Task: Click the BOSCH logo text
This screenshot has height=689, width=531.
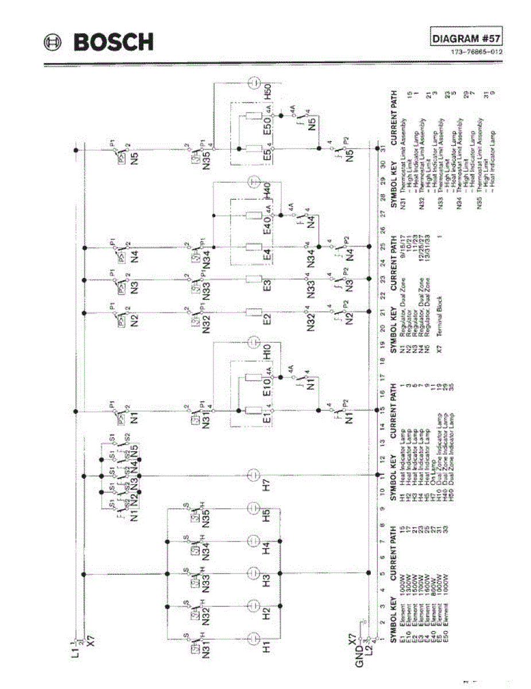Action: (x=112, y=42)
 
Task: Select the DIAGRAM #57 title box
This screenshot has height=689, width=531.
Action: (x=466, y=38)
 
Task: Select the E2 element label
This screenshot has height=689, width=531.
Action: (x=266, y=313)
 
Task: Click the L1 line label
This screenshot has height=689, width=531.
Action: (x=75, y=650)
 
